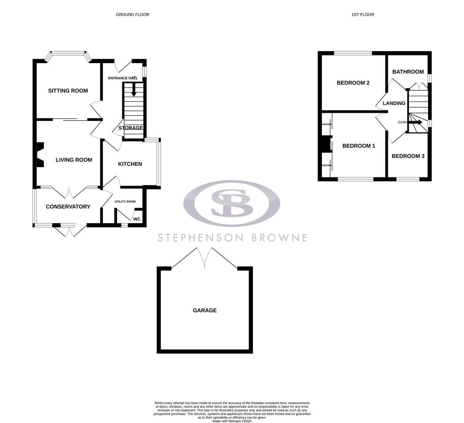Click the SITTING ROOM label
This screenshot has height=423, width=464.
pos(68,90)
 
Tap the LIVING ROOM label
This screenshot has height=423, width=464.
pos(74,160)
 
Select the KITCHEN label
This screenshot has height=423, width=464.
pos(130,164)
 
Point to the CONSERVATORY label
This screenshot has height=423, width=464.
pos(68,206)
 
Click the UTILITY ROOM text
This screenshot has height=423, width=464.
pos(125,201)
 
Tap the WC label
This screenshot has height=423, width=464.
pos(137,219)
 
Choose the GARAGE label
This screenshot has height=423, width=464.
pos(204,310)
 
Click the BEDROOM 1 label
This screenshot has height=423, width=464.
pos(359,146)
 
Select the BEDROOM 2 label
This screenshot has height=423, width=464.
pos(353,83)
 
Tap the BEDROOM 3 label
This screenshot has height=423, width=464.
pos(408,156)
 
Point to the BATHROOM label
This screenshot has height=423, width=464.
pos(408,72)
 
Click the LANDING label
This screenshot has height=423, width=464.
pos(394,103)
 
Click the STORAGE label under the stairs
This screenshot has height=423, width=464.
pos(131,128)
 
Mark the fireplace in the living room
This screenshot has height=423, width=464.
pos(41,155)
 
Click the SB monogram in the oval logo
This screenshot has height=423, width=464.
pos(232,203)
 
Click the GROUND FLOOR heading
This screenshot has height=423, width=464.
pos(132,14)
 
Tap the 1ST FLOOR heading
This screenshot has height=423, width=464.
pos(363,14)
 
